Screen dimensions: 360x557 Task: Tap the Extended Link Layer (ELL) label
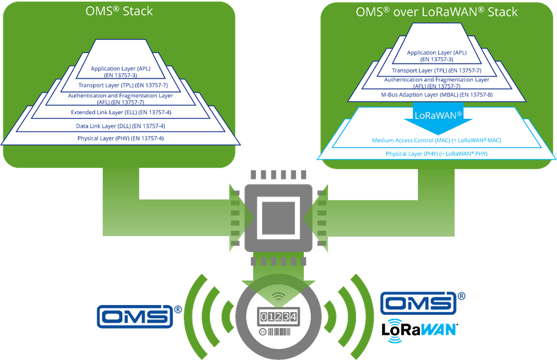pos(121,112)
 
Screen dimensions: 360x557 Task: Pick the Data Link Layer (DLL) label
pos(121,126)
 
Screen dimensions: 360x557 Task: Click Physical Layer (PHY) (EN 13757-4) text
pos(121,138)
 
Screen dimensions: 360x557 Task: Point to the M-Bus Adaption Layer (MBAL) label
pos(436,94)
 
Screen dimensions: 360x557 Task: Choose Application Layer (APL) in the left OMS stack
pos(120,71)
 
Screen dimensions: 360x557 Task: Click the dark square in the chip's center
pos(278,218)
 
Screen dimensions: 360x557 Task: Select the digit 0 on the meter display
pos(265,316)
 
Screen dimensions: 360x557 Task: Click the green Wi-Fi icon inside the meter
pos(278,297)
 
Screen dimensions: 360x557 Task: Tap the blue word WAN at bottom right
pos(438,330)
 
